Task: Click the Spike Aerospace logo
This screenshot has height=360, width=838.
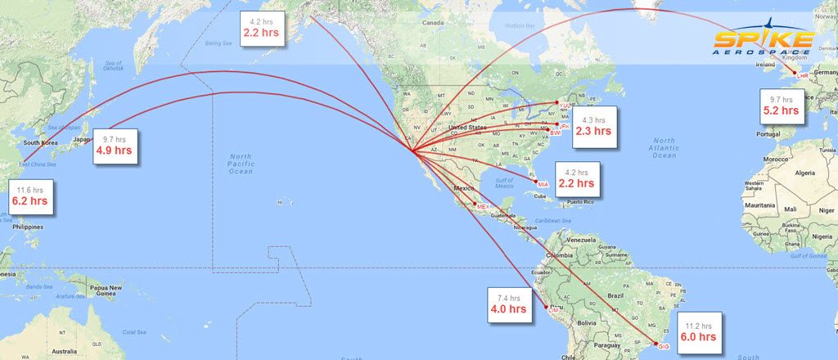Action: coord(764,41)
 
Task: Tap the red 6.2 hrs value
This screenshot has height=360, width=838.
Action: coord(29,200)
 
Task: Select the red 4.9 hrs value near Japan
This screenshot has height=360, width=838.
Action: coord(114,151)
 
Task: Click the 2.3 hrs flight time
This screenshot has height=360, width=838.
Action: coord(592,130)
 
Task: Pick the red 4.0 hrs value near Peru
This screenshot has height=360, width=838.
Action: coord(507,309)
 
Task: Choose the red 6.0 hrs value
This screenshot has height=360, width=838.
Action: coord(698,336)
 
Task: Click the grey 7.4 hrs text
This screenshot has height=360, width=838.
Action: coord(507,298)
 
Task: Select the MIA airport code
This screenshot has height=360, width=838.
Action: coord(543,184)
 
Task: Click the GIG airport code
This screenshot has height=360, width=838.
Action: coord(664,347)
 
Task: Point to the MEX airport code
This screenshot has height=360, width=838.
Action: coord(482,207)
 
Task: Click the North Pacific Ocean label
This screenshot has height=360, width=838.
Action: coord(241,164)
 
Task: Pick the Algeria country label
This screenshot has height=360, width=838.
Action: coord(807,173)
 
